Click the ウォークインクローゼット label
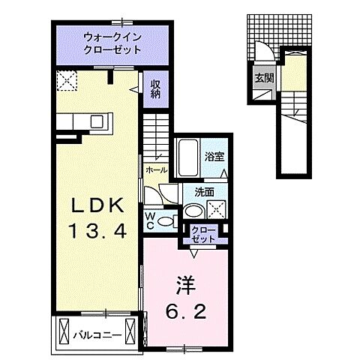[x=112, y=42]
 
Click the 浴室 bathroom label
[x=214, y=156]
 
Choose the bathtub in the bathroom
[x=188, y=157]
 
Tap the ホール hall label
[x=155, y=170]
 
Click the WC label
[x=150, y=220]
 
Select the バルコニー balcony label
[x=96, y=330]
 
